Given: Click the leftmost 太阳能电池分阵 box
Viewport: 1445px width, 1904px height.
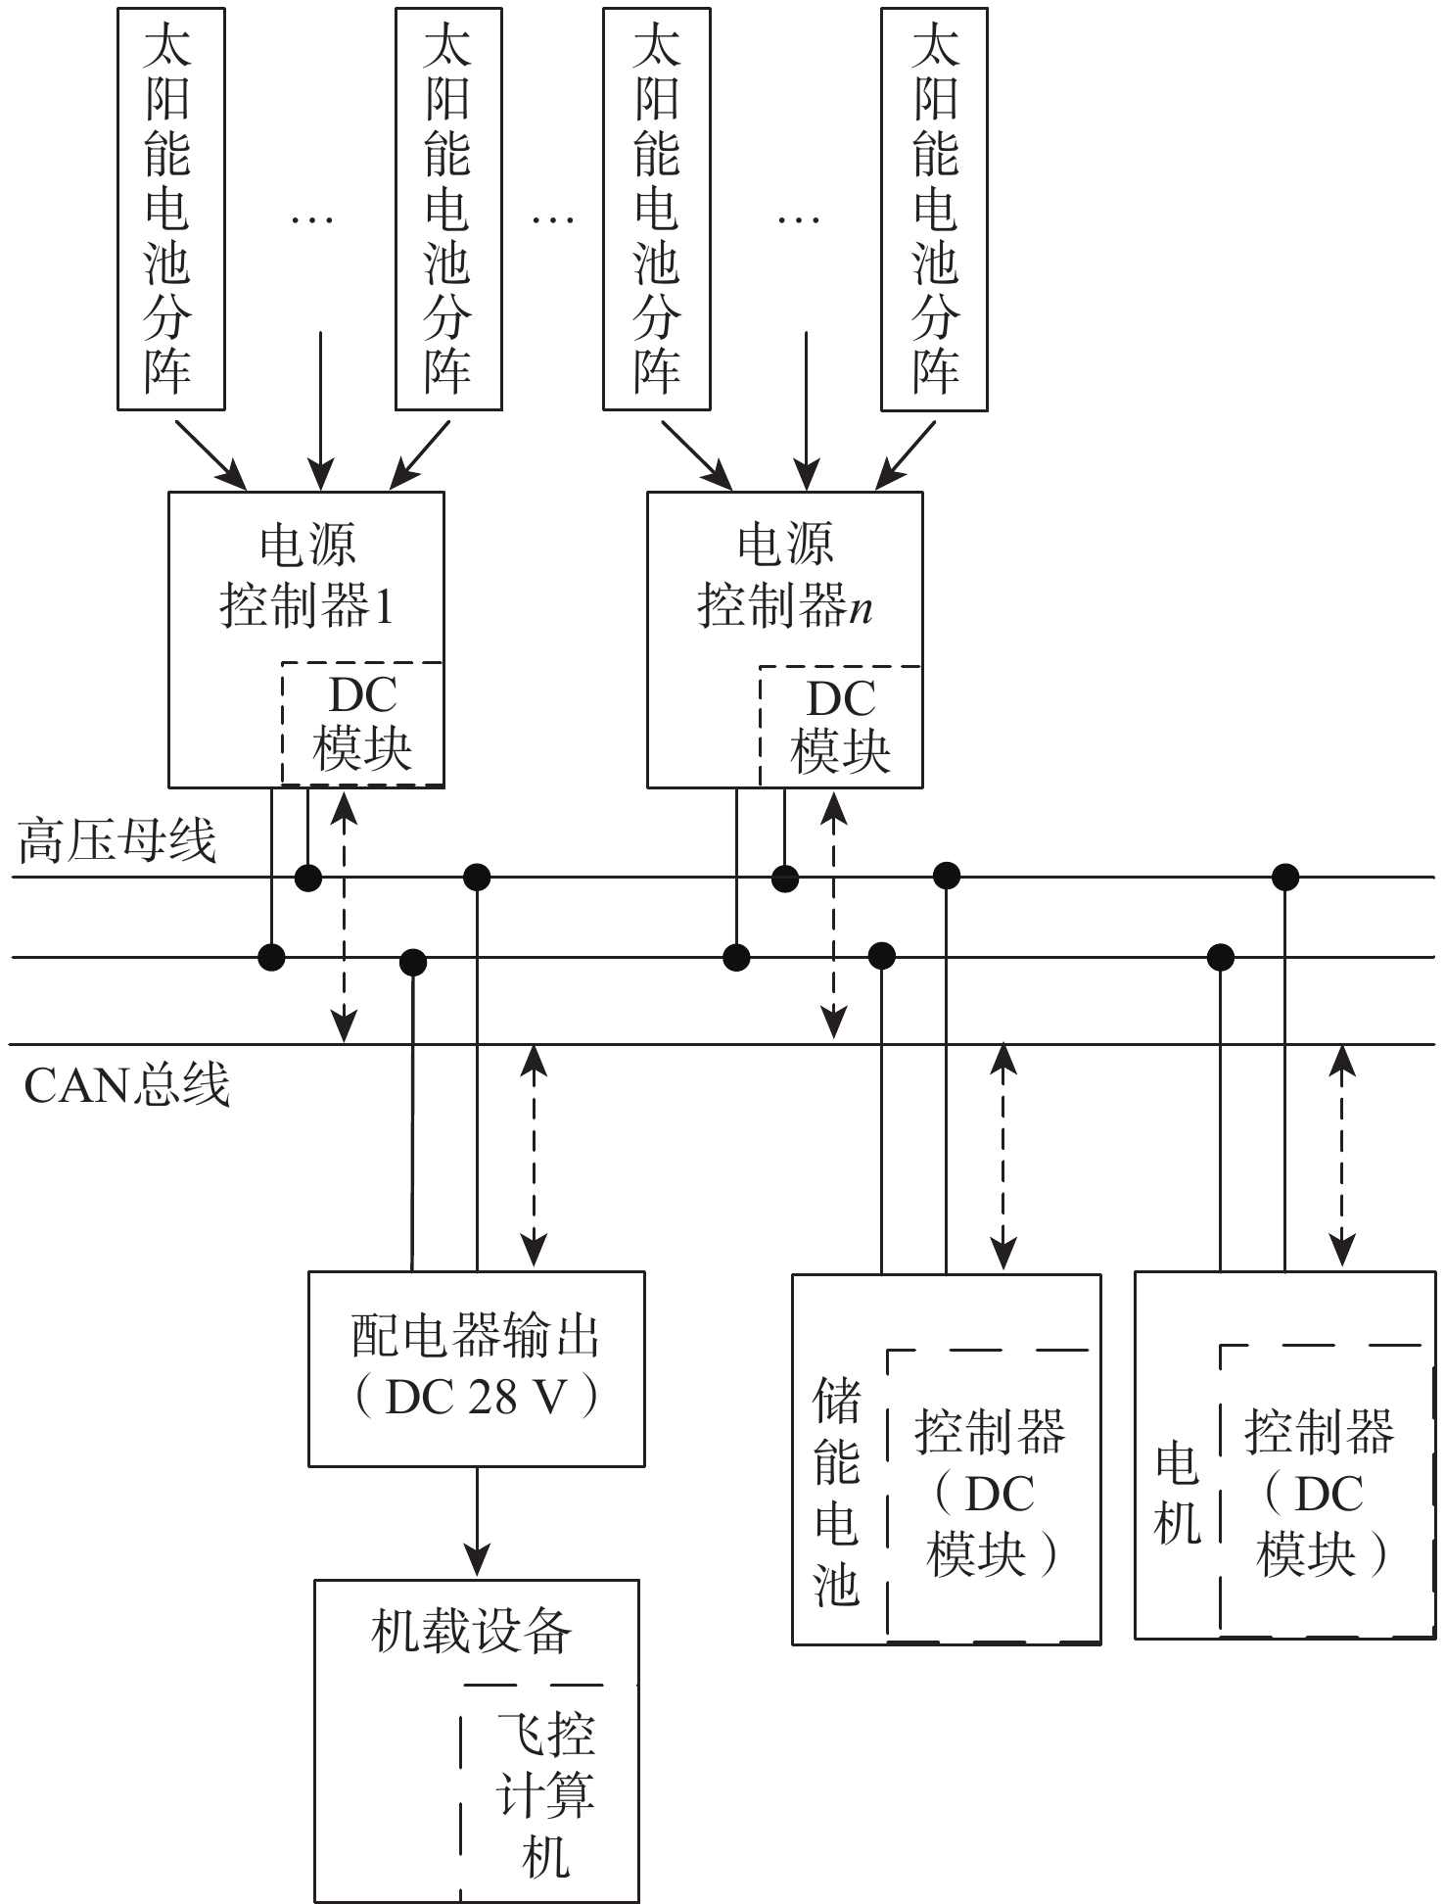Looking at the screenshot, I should pos(170,209).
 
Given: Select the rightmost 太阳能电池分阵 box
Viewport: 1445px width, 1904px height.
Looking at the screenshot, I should pos(934,209).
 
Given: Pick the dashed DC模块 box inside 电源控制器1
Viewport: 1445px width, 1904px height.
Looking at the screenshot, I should pos(362,724).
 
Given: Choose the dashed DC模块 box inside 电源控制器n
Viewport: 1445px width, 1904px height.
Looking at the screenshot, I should pos(840,726).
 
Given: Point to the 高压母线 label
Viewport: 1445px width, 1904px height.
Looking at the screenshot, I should pos(117,840).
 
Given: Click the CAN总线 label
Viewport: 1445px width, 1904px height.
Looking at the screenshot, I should pos(126,1085).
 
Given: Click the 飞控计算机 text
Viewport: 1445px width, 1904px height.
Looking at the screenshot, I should pos(546,1794).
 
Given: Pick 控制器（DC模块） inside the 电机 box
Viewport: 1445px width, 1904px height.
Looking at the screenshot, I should pos(1320,1493).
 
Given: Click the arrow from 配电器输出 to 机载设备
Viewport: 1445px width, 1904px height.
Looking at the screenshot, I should pos(477,1521).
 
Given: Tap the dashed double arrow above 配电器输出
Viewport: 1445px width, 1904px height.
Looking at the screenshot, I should pos(534,1156).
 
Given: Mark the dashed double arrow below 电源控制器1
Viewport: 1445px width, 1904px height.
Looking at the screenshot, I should pos(344,918).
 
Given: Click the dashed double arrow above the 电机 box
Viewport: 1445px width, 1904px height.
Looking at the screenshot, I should pos(1343,1156).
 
